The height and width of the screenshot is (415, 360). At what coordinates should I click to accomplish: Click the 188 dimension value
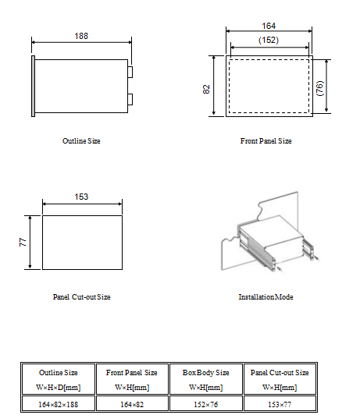click(80, 36)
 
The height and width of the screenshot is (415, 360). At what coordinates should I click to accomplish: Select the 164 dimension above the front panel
click(268, 25)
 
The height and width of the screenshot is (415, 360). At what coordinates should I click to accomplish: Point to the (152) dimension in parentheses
click(268, 39)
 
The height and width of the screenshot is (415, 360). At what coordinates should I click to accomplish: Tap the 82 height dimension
click(207, 88)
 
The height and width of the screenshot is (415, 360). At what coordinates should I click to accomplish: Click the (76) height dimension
click(320, 87)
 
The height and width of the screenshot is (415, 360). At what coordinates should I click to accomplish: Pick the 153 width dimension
click(81, 197)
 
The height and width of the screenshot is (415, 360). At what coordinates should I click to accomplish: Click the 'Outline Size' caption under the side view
click(81, 141)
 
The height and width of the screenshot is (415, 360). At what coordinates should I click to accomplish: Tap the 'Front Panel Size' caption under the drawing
click(266, 141)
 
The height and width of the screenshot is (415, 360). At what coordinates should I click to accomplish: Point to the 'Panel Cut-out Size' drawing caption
click(81, 297)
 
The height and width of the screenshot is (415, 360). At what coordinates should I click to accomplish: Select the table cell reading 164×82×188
click(58, 403)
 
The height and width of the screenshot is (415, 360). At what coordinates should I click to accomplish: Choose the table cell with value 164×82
click(131, 403)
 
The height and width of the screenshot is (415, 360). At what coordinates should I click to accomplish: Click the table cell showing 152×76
click(205, 403)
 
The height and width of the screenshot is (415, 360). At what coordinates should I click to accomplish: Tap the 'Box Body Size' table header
click(205, 373)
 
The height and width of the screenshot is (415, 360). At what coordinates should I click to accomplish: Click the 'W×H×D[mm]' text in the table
click(58, 387)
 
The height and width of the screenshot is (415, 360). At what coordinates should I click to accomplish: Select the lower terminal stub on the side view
click(130, 99)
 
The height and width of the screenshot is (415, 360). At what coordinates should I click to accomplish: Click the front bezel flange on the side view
click(33, 87)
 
